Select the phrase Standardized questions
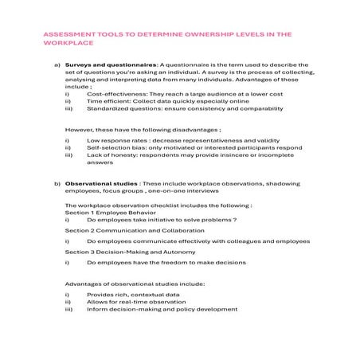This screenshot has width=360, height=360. point(122,111)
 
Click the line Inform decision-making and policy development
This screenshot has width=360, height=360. point(162,311)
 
